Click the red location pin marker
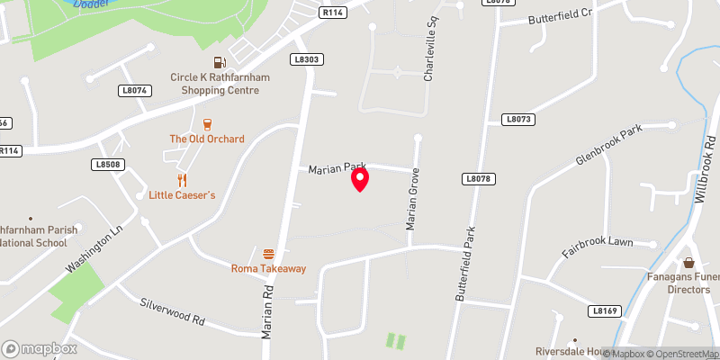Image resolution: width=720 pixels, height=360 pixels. pos(360,180)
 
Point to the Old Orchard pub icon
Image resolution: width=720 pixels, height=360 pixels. pos(207,124)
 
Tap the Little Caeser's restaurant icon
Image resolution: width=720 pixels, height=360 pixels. pos(182,179)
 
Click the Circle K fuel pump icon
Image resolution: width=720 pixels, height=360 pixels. pos(220,62)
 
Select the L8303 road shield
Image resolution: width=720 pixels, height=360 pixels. pos(307,59)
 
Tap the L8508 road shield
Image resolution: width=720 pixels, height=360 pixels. pos(108,165)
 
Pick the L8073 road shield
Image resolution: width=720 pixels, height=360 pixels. pos(519,119)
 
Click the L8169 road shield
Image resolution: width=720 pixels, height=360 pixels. pos(606,310)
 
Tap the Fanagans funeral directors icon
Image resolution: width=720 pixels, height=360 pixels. pos(689,264)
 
